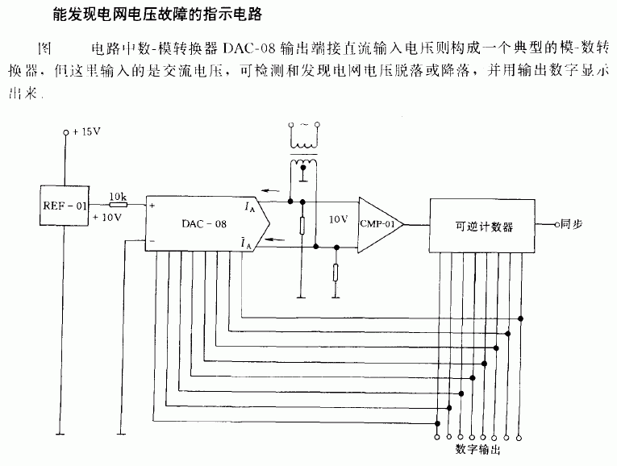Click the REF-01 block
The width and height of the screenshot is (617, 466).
[x=65, y=206]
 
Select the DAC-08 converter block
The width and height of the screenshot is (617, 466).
[x=207, y=223]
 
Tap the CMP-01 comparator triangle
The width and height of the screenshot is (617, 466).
[x=381, y=225]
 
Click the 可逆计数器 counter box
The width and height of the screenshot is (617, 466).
[x=482, y=225]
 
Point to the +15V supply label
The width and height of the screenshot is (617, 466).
[x=86, y=131]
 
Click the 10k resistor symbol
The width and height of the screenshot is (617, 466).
[x=118, y=205]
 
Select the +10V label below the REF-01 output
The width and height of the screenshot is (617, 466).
[x=107, y=217]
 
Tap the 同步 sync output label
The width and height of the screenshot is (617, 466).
[x=571, y=224]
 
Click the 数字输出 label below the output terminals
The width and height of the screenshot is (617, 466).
[x=477, y=449]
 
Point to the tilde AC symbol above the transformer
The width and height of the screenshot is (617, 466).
[x=304, y=125]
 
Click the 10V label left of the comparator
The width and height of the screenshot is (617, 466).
[x=338, y=219]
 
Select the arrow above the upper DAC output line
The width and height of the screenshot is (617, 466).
[x=270, y=191]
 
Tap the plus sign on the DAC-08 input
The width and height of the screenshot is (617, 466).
[x=152, y=206]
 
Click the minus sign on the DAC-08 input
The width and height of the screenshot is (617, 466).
[x=152, y=241]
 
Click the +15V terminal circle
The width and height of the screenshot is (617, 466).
[x=66, y=133]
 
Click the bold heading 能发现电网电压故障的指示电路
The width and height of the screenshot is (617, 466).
[x=157, y=15]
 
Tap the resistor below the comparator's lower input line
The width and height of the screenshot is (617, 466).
[x=336, y=273]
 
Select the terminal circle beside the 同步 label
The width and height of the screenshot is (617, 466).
[x=557, y=225]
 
